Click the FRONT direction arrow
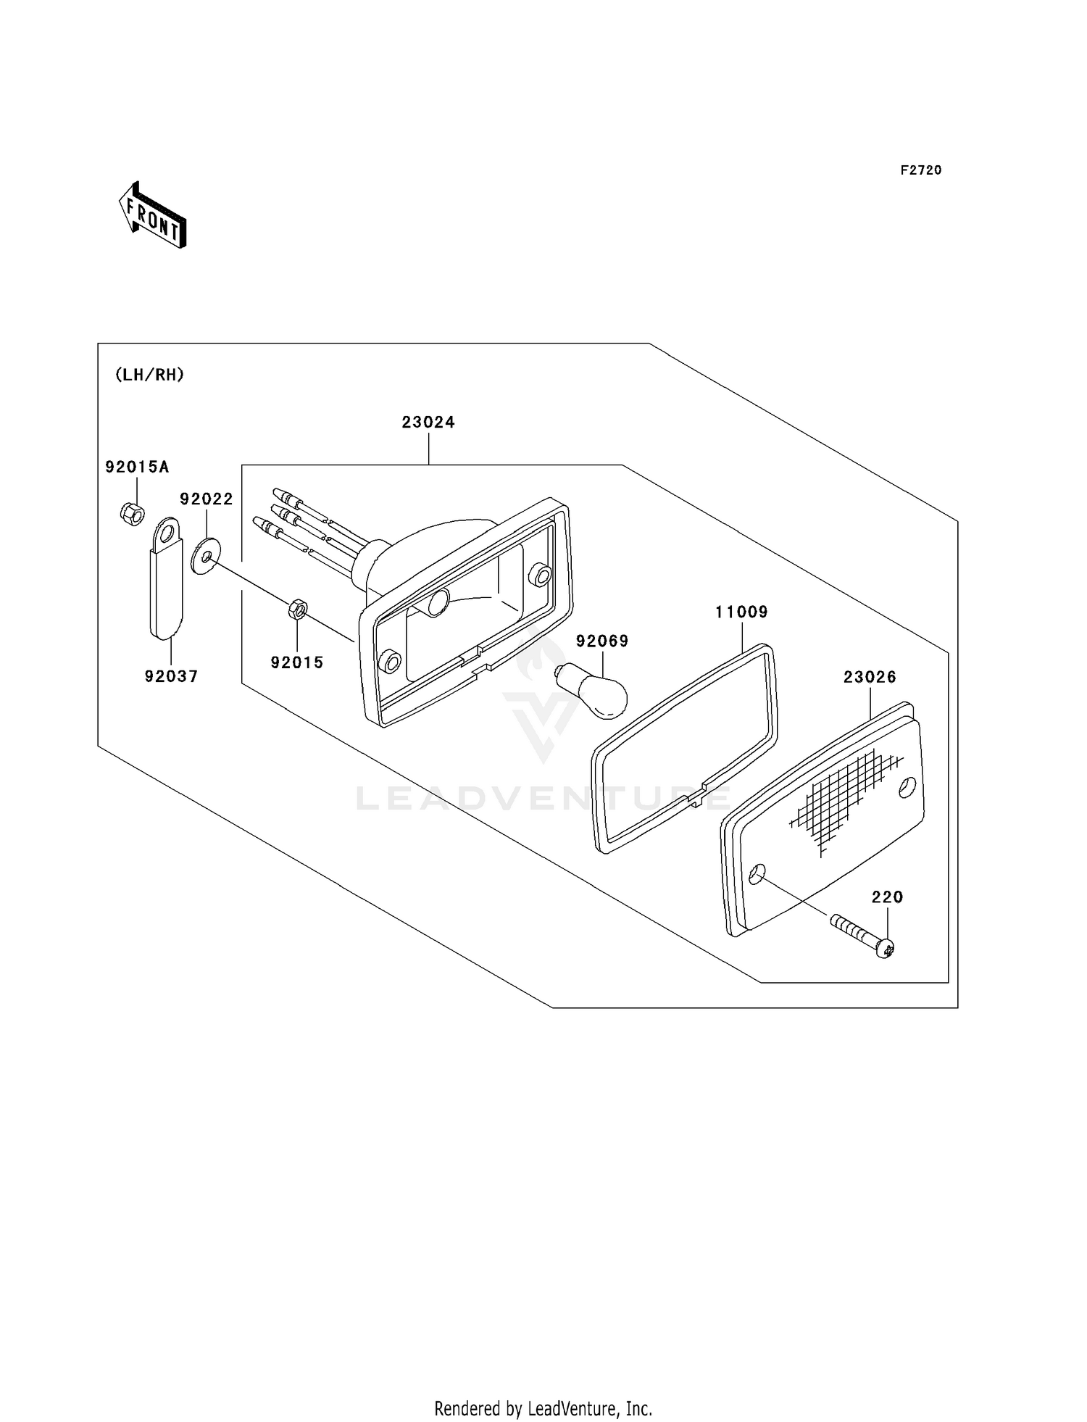[153, 215]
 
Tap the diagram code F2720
[921, 170]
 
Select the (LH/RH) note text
[149, 375]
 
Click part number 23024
[428, 422]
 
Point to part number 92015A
[137, 467]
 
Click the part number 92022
[207, 499]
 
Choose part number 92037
[171, 676]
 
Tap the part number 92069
[602, 641]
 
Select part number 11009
[741, 612]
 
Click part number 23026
[870, 677]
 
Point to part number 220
[887, 897]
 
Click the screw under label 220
[862, 936]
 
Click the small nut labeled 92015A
[130, 513]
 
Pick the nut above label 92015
[298, 610]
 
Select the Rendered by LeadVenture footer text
[543, 1408]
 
